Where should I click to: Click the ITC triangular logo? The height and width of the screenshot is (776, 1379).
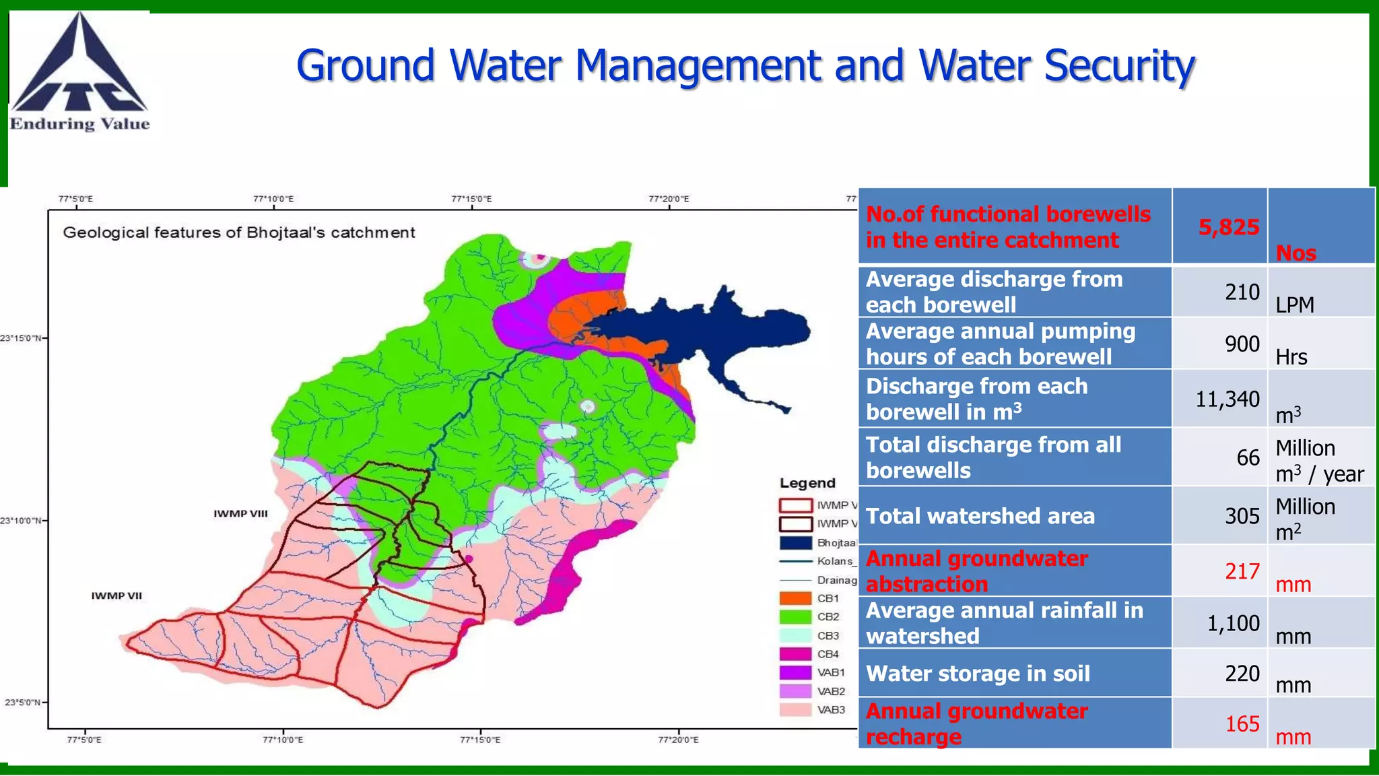click(79, 65)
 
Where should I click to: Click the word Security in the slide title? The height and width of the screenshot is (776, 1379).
click(1119, 66)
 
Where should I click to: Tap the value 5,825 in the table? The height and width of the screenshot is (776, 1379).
click(1228, 227)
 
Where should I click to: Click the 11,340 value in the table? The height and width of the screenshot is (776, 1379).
click(1227, 399)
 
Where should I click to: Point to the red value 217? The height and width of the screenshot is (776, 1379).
click(1242, 571)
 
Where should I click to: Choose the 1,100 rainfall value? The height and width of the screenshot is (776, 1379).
click(1232, 623)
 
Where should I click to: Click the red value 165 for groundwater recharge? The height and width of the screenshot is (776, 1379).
click(1242, 723)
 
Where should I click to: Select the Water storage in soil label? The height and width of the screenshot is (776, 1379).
click(977, 674)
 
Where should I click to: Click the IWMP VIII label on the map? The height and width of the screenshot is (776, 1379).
click(240, 513)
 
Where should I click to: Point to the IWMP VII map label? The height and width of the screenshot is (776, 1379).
click(116, 595)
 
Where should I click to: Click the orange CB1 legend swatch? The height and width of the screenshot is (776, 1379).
click(795, 598)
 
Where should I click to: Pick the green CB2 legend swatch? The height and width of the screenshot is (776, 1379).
click(795, 616)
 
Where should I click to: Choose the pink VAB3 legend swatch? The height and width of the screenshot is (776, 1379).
click(795, 709)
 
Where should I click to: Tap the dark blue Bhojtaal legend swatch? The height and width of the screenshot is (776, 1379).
click(795, 542)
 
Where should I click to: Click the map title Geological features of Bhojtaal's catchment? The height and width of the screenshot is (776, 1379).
click(238, 232)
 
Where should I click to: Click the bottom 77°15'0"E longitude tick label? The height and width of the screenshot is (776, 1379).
click(479, 740)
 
